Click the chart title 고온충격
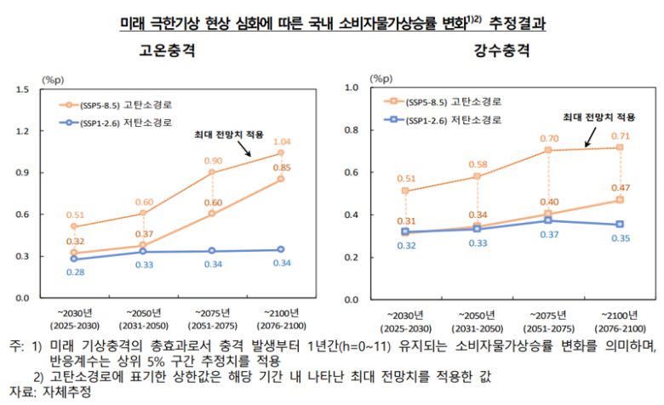coord(167,50)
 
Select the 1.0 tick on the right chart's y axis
coord(352,88)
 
